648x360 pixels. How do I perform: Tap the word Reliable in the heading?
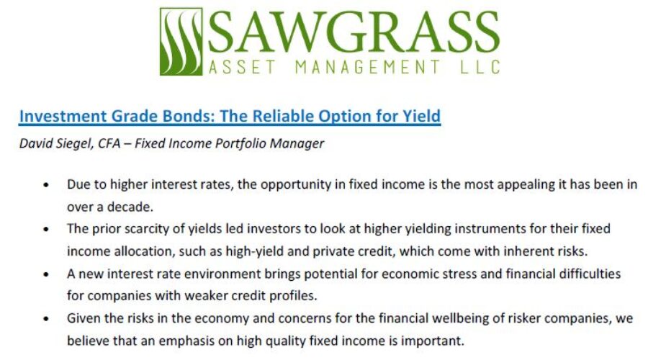pos(275,115)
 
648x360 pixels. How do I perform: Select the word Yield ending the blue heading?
pos(420,115)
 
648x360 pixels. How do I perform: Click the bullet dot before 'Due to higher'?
pos(46,185)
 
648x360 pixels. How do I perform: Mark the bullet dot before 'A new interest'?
pos(46,275)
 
